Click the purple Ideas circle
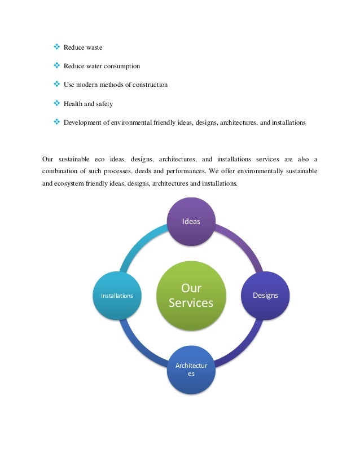pos(191,221)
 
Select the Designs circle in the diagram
pos(265,295)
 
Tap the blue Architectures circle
pos(191,370)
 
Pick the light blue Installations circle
pos(117,295)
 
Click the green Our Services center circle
pos(191,295)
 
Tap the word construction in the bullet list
pos(147,85)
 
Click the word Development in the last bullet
pos(82,122)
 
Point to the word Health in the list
pos(73,104)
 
